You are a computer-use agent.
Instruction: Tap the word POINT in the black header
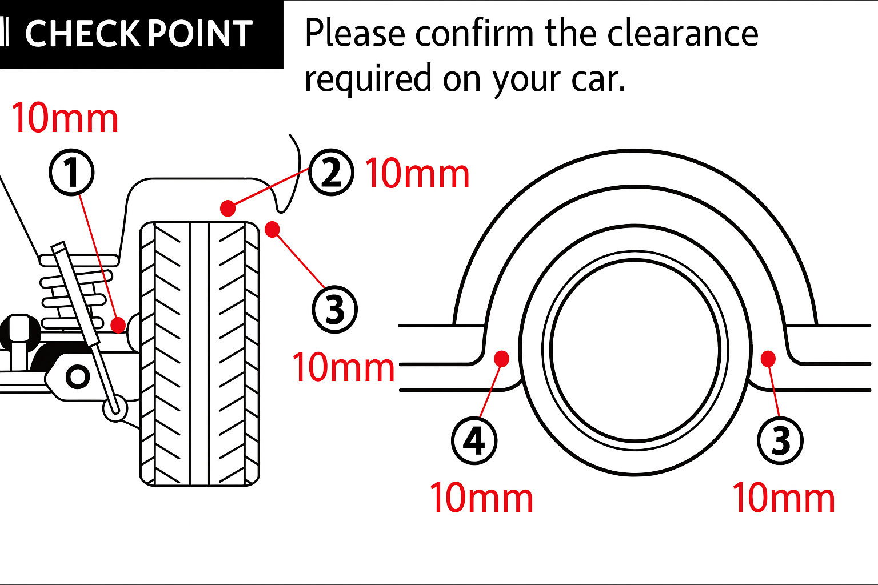click(199, 34)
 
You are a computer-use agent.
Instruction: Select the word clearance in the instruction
click(683, 33)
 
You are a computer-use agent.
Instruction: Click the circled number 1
click(71, 172)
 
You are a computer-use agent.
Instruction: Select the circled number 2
click(331, 172)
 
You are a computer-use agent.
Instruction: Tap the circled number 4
click(474, 440)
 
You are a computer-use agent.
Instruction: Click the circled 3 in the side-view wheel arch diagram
click(780, 440)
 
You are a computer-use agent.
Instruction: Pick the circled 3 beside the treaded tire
click(334, 310)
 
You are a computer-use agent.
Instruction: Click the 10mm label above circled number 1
click(65, 119)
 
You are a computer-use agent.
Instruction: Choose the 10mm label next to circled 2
click(417, 174)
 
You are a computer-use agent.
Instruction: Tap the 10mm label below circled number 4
click(481, 498)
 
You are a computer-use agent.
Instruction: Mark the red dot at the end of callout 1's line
click(118, 325)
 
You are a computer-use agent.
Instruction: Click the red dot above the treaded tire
click(228, 208)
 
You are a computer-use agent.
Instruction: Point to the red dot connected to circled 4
click(501, 358)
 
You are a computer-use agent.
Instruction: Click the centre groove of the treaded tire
click(199, 354)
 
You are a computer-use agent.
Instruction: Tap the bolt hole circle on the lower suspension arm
click(77, 377)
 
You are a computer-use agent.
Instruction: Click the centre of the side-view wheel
click(635, 350)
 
